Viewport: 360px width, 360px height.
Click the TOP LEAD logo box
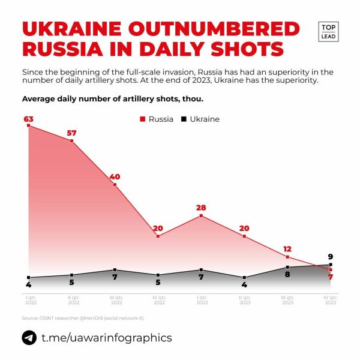click(x=328, y=32)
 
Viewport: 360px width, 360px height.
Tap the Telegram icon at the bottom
click(x=29, y=338)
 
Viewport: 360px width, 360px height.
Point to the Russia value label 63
click(x=28, y=119)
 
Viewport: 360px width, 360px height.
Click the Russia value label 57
click(x=72, y=133)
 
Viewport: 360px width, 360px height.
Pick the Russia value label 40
click(x=115, y=176)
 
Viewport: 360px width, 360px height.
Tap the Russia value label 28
click(x=202, y=208)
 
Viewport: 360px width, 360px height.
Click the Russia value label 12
click(x=288, y=248)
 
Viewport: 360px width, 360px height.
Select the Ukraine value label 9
click(x=331, y=257)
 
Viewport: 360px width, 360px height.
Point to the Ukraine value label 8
click(x=287, y=275)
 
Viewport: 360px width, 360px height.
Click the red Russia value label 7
click(x=330, y=277)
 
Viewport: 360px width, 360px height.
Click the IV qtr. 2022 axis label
click(x=158, y=300)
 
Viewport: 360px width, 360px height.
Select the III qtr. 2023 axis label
click(x=288, y=300)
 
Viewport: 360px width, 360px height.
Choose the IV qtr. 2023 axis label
click(x=331, y=300)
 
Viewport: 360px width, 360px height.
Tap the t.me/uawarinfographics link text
click(x=106, y=338)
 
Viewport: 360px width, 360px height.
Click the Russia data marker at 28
click(x=202, y=215)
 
